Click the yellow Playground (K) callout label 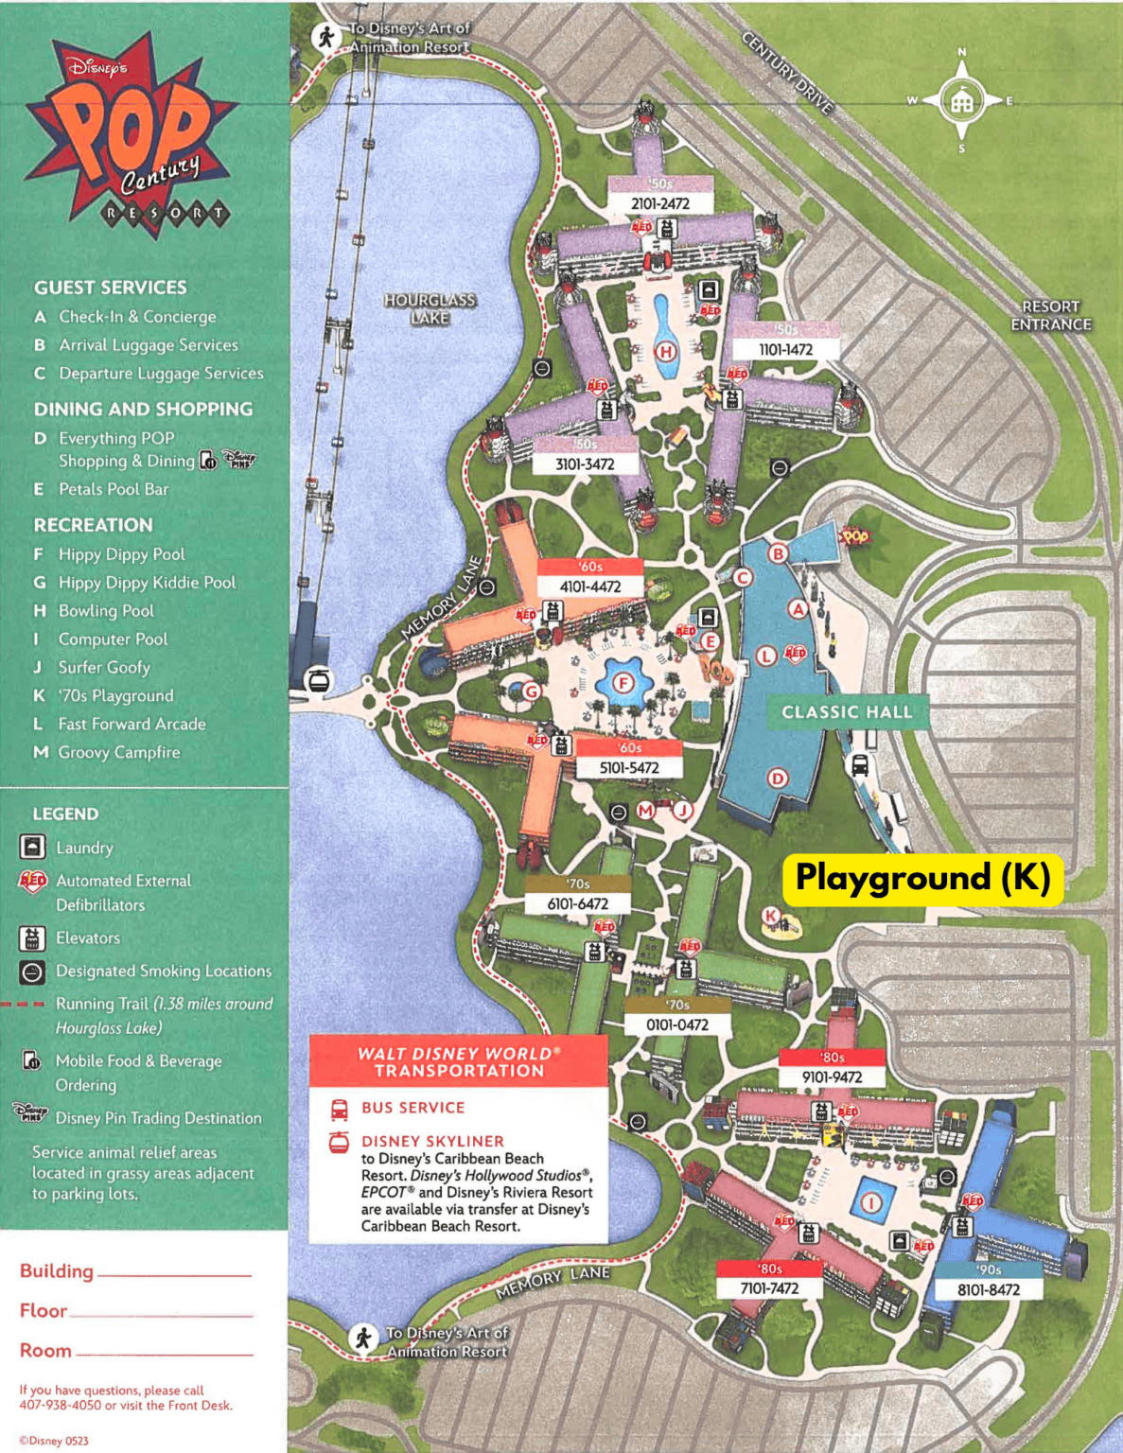pyautogui.click(x=922, y=879)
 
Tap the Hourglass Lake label pyautogui.click(x=430, y=309)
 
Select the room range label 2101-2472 pyautogui.click(x=659, y=203)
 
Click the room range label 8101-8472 pyautogui.click(x=988, y=1289)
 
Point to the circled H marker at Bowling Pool pyautogui.click(x=666, y=353)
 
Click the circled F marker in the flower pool pyautogui.click(x=623, y=683)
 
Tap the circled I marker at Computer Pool pyautogui.click(x=870, y=1202)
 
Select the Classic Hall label pyautogui.click(x=847, y=712)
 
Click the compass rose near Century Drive pyautogui.click(x=962, y=100)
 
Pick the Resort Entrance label pyautogui.click(x=1050, y=316)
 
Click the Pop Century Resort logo pyautogui.click(x=132, y=132)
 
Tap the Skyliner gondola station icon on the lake pyautogui.click(x=319, y=679)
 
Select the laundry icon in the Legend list pyautogui.click(x=32, y=847)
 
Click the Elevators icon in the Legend pyautogui.click(x=32, y=937)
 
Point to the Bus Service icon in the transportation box pyautogui.click(x=339, y=1108)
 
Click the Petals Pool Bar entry pyautogui.click(x=113, y=489)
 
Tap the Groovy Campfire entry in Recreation pyautogui.click(x=118, y=752)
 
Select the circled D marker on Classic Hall pyautogui.click(x=777, y=779)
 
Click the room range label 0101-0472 pyautogui.click(x=676, y=1024)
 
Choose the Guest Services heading pyautogui.click(x=111, y=288)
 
